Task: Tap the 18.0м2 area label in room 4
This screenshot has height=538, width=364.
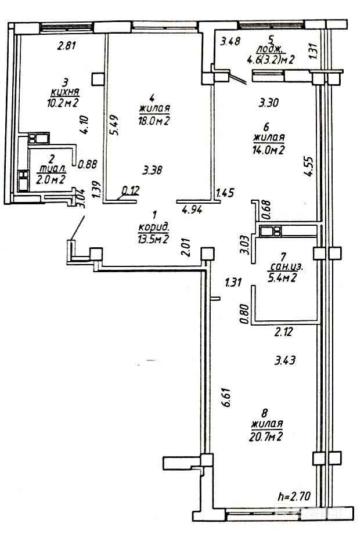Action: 154,120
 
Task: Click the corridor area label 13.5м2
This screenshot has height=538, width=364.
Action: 153,239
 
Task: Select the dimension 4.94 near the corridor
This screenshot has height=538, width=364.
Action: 192,210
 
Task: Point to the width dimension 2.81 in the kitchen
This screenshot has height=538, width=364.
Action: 67,47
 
